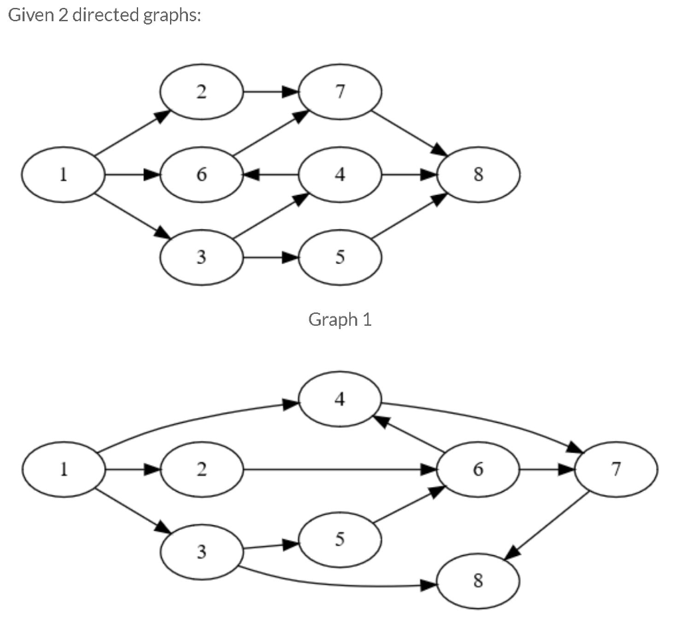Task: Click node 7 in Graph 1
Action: [x=340, y=92]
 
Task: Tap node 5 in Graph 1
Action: [x=340, y=257]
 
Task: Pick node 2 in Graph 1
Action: [x=201, y=92]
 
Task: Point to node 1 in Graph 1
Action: [x=63, y=175]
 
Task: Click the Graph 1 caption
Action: [x=340, y=320]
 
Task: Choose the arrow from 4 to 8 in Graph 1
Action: [x=408, y=175]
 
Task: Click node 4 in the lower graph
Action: [x=340, y=399]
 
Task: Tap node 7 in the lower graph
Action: [x=616, y=470]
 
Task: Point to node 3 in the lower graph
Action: [x=201, y=551]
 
